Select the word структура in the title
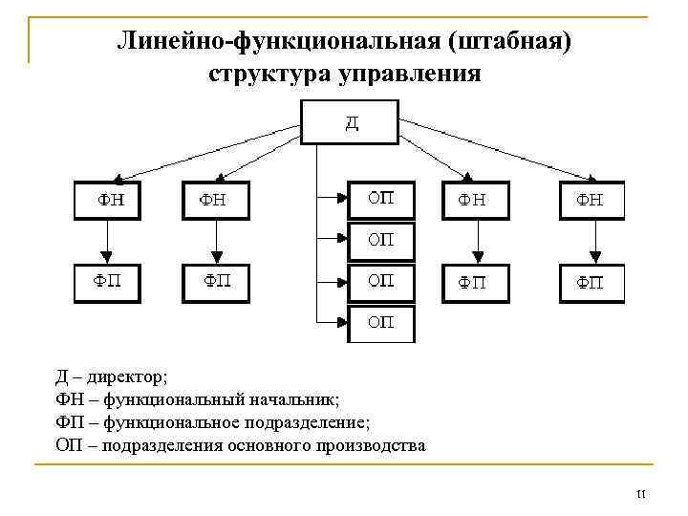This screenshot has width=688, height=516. (x=268, y=74)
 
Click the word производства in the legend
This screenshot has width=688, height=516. (x=371, y=445)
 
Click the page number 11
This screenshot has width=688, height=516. (x=641, y=494)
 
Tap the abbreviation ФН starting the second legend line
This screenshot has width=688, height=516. (x=70, y=398)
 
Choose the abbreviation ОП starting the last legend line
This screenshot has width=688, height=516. (x=70, y=445)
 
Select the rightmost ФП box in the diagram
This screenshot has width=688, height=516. (x=591, y=283)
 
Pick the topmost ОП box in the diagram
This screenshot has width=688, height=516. (x=380, y=200)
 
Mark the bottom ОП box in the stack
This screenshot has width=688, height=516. (x=380, y=323)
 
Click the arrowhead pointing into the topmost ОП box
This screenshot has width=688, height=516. (x=339, y=199)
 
